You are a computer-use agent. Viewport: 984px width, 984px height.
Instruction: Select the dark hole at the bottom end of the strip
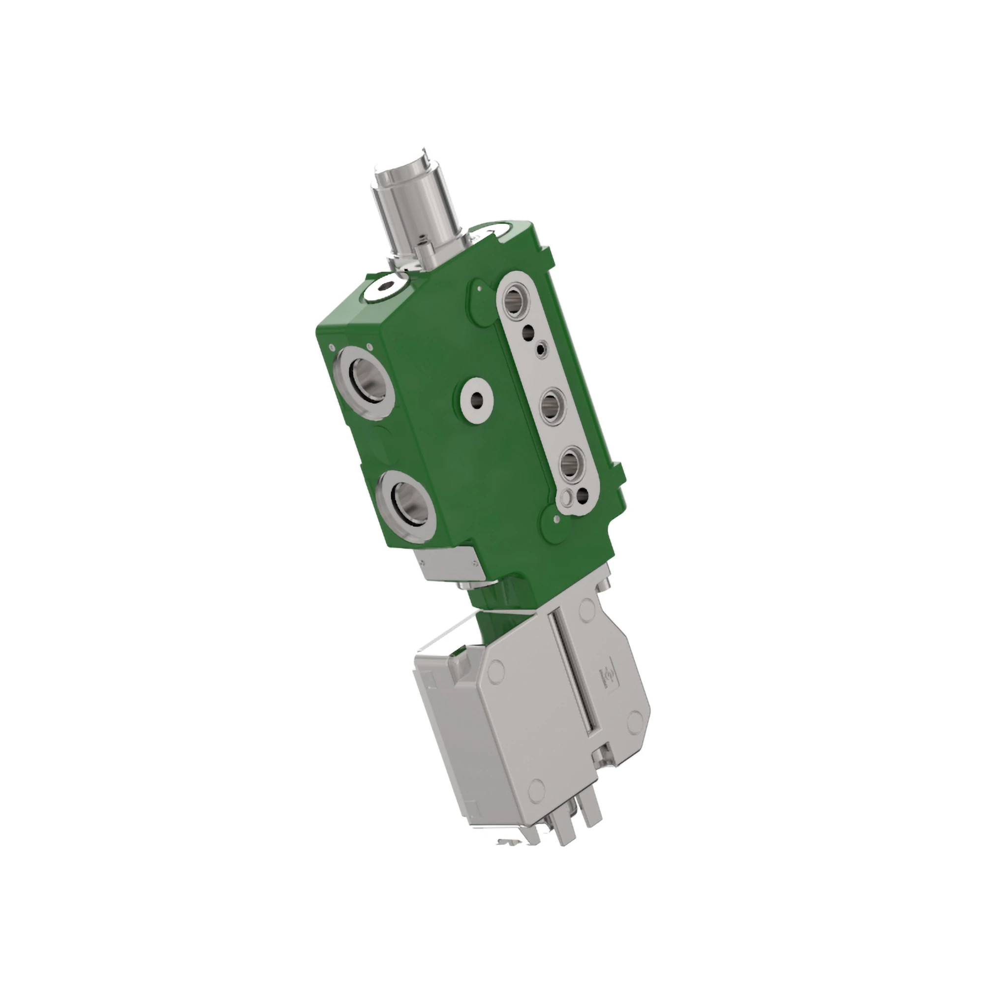[x=582, y=494]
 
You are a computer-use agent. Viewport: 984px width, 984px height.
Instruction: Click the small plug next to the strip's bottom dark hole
[x=565, y=497]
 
